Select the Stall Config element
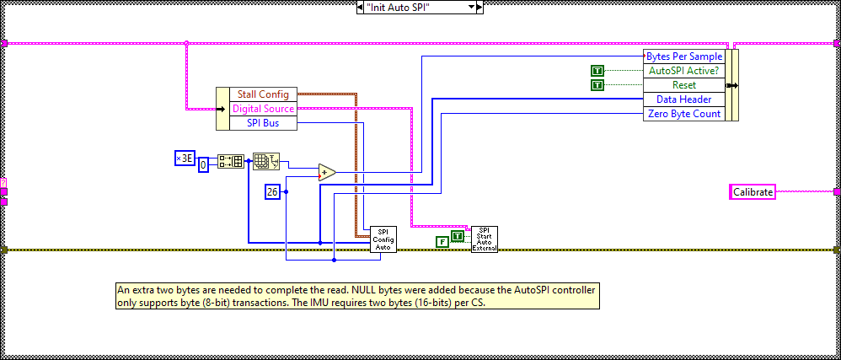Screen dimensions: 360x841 pos(263,94)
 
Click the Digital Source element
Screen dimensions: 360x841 pos(263,109)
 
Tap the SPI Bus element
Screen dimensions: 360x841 pos(263,123)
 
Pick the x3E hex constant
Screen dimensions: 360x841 pos(184,159)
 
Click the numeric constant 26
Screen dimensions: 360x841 pos(273,191)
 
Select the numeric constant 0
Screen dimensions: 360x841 pos(203,166)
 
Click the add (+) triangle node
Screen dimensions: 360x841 pos(326,173)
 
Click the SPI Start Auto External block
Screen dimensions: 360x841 pos(484,239)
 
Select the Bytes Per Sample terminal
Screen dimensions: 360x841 pos(683,56)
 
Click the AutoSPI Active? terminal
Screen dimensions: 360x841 pos(683,71)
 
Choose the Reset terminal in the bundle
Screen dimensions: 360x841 pos(683,85)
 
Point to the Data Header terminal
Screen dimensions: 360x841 pos(683,99)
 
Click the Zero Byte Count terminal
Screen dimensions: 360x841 pos(683,114)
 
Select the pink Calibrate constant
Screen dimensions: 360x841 pos(753,192)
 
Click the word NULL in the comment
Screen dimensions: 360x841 pos(317,290)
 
